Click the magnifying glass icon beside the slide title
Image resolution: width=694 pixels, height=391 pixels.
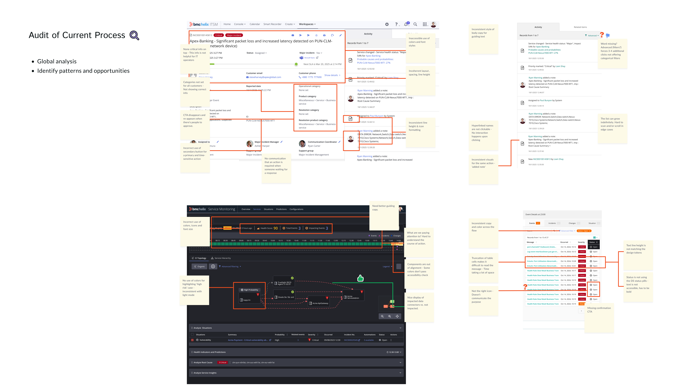tap(134, 35)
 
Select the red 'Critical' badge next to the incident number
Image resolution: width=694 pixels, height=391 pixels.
tap(219, 35)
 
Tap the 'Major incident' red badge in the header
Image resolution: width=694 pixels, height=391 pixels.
tap(234, 35)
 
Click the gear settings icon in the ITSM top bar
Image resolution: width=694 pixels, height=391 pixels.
tap(387, 24)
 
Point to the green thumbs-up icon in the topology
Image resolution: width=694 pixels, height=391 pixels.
tap(360, 278)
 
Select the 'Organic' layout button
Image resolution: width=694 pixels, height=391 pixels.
tap(199, 267)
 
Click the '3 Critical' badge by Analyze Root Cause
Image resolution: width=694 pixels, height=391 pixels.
tap(222, 363)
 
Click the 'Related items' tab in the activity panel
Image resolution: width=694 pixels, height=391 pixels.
tap(580, 27)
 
